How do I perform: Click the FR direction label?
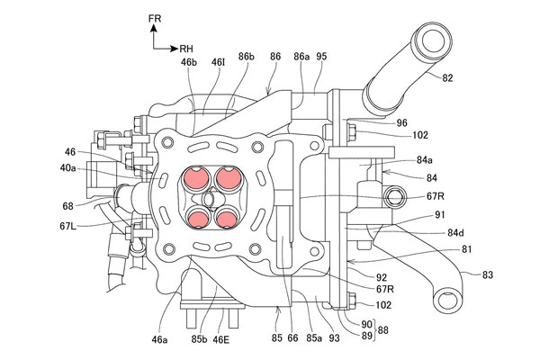click(155, 19)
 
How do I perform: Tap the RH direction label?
click(186, 49)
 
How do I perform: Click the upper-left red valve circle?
click(196, 177)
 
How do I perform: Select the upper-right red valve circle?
click(227, 177)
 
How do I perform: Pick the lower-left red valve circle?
click(198, 218)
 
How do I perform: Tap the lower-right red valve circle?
click(226, 218)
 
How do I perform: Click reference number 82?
click(447, 78)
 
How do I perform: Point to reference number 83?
click(487, 274)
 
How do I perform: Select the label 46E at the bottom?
click(220, 339)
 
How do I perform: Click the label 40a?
click(67, 168)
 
